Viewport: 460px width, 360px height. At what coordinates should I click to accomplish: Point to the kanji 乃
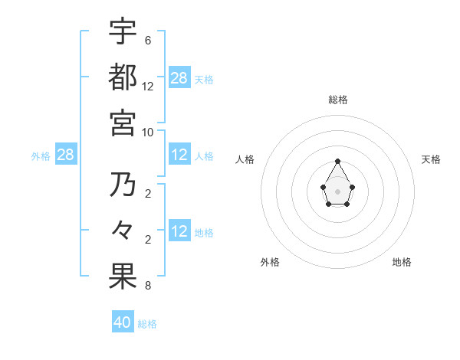pyautogui.click(x=123, y=185)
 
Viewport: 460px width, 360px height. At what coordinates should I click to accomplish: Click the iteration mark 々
pyautogui.click(x=123, y=231)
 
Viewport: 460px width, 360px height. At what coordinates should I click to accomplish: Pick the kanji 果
pyautogui.click(x=123, y=277)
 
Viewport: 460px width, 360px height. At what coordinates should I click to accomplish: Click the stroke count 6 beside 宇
pyautogui.click(x=148, y=40)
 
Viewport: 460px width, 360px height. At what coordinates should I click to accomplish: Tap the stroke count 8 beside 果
pyautogui.click(x=148, y=286)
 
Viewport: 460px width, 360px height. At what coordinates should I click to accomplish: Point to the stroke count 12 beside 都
pyautogui.click(x=148, y=86)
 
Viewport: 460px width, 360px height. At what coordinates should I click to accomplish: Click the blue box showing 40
pyautogui.click(x=123, y=322)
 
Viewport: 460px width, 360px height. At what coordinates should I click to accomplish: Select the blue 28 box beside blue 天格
pyautogui.click(x=179, y=78)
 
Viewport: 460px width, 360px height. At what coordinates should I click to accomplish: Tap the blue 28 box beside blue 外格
pyautogui.click(x=66, y=155)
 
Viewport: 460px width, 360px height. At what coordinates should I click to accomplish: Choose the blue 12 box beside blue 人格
pyautogui.click(x=179, y=155)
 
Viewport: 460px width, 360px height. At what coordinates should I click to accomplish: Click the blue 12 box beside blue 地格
pyautogui.click(x=179, y=232)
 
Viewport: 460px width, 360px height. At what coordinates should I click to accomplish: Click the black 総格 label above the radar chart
pyautogui.click(x=338, y=100)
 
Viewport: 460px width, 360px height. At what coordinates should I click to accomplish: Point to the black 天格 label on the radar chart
pyautogui.click(x=432, y=159)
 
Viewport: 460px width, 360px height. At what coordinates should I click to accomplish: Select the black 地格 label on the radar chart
pyautogui.click(x=402, y=262)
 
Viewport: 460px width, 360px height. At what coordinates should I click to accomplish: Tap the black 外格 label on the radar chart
pyautogui.click(x=270, y=262)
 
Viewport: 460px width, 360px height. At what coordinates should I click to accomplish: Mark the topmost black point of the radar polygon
pyautogui.click(x=338, y=161)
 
